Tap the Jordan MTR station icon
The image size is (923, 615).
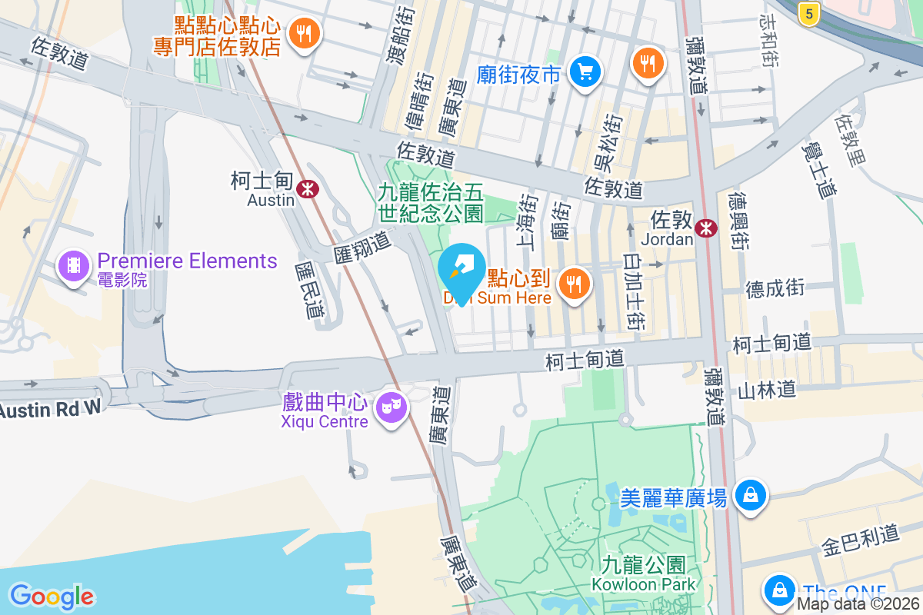click(705, 228)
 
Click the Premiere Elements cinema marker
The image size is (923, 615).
click(73, 266)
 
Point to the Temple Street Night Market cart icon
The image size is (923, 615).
click(585, 72)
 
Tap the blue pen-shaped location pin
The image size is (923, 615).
click(461, 271)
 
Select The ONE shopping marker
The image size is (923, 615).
click(780, 590)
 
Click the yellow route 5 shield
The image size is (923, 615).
click(807, 12)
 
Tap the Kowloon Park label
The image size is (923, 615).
click(643, 574)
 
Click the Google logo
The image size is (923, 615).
click(52, 596)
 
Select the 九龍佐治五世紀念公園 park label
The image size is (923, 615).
click(430, 201)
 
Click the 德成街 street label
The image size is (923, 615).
click(775, 288)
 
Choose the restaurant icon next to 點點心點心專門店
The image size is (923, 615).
click(305, 33)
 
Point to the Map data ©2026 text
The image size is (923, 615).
click(858, 604)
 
